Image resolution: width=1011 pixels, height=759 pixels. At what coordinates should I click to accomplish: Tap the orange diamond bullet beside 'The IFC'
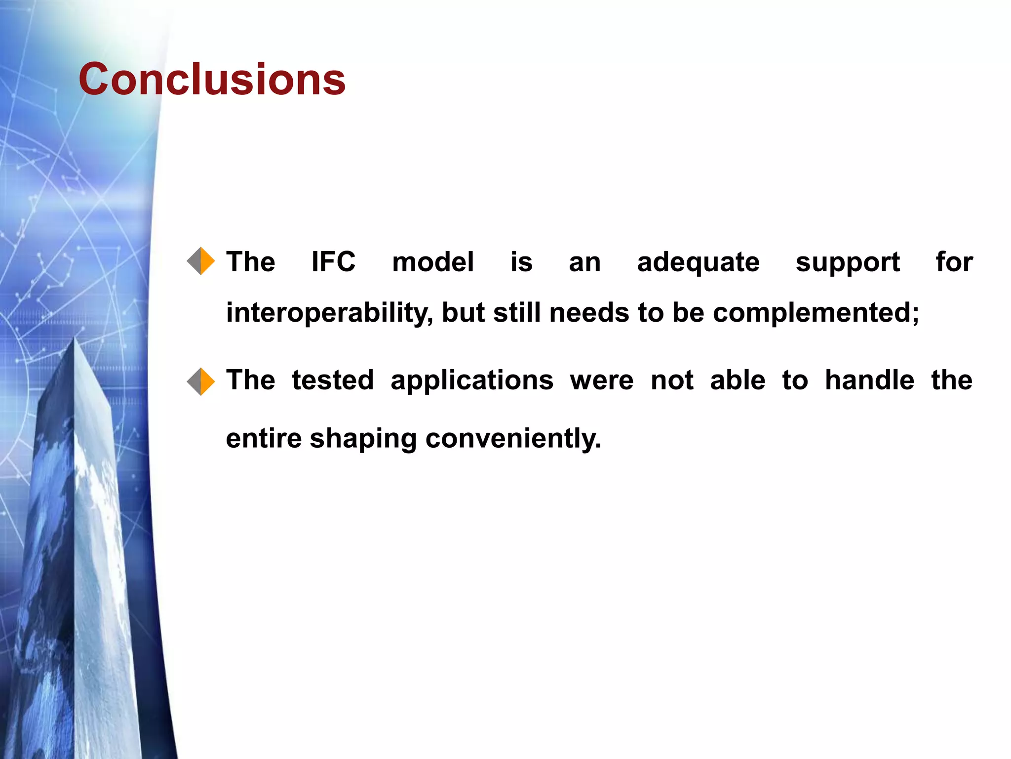[201, 261]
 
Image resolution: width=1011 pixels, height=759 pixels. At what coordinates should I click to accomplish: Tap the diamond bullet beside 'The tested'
[201, 381]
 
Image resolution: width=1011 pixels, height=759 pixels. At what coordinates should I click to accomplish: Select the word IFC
[333, 261]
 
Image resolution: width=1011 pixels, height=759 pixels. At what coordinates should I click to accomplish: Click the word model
[432, 261]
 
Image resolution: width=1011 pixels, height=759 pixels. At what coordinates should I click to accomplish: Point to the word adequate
[698, 262]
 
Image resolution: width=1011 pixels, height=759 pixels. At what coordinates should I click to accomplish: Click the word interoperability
[329, 313]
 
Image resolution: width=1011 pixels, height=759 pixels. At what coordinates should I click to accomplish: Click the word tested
[333, 380]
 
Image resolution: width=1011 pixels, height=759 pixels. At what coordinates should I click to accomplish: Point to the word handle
[869, 380]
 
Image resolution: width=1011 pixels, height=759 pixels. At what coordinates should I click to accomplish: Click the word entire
[264, 438]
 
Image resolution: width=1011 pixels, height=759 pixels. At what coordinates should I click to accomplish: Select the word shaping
[363, 439]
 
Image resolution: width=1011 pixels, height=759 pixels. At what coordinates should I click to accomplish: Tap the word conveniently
[513, 438]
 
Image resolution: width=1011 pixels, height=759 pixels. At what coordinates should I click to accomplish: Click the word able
[738, 380]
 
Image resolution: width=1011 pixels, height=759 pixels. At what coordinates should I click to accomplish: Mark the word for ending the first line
[954, 261]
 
